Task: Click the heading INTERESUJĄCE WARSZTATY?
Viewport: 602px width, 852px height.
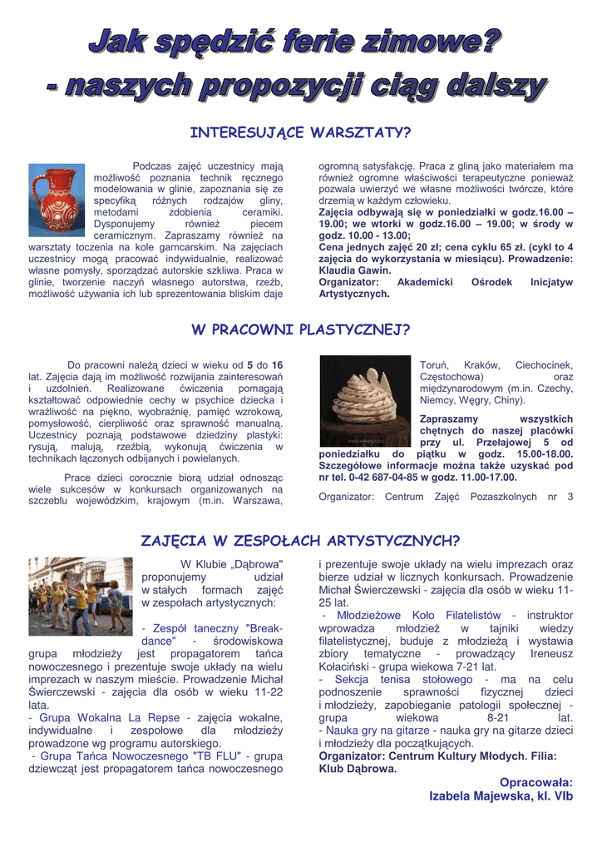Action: (x=300, y=133)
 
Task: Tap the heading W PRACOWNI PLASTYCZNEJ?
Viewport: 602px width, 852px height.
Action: (x=300, y=330)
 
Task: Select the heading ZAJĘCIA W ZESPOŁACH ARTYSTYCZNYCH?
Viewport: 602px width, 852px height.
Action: (x=300, y=541)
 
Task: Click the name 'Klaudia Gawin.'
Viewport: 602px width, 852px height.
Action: (x=355, y=271)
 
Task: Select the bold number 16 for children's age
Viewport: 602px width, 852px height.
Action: (x=278, y=364)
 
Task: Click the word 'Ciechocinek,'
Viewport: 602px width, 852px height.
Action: (x=544, y=364)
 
